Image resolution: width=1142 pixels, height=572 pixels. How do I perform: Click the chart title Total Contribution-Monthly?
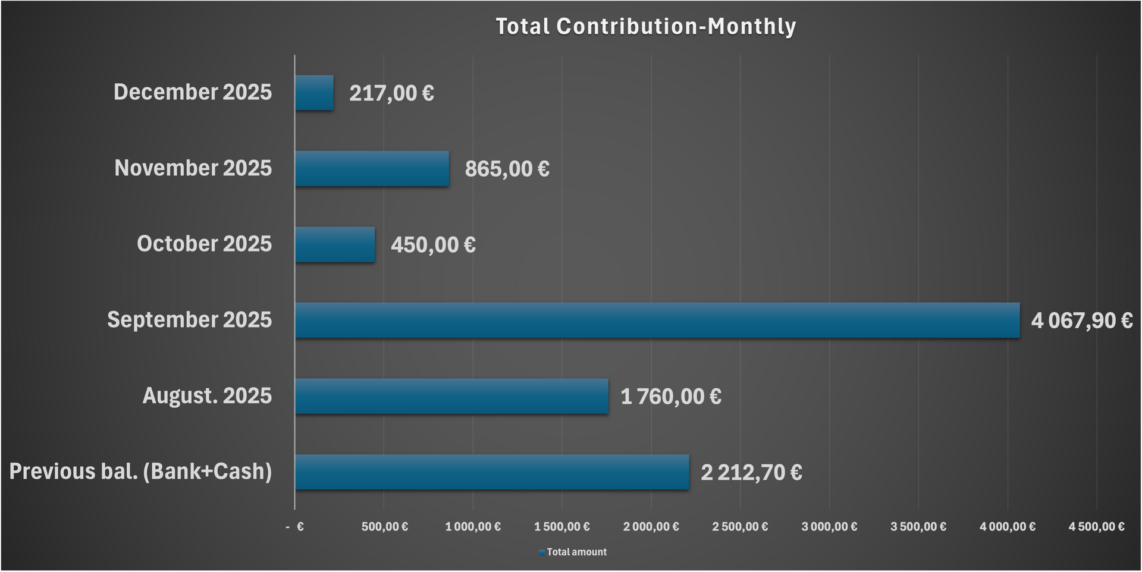(x=645, y=27)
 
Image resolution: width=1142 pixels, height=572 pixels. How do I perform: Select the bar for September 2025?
(x=657, y=320)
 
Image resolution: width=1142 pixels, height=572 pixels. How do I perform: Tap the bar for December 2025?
(x=314, y=93)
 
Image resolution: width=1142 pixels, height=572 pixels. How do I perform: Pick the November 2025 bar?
(x=372, y=169)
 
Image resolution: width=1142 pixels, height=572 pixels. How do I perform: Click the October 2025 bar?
(x=335, y=244)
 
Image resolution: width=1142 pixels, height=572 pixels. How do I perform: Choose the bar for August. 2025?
(x=451, y=396)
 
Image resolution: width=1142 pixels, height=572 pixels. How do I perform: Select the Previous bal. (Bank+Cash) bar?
(x=492, y=472)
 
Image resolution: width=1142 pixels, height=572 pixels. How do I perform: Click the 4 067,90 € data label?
(x=1081, y=321)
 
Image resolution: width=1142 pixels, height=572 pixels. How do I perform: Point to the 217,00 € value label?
(x=391, y=93)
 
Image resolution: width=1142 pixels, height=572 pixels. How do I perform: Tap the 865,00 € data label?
(x=507, y=169)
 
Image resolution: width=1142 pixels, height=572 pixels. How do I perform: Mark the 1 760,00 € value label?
(x=671, y=397)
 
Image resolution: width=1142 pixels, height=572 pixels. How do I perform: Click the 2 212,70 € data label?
(x=751, y=473)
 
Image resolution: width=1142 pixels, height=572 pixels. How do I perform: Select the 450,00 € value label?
(x=433, y=245)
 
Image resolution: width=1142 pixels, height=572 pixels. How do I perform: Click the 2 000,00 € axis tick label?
(x=651, y=527)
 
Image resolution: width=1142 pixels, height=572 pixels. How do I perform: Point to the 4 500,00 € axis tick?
(x=1096, y=527)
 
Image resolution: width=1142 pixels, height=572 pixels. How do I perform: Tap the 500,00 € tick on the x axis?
(x=384, y=527)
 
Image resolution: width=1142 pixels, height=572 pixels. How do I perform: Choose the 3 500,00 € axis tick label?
(x=918, y=527)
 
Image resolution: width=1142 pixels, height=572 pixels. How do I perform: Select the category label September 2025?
(x=189, y=320)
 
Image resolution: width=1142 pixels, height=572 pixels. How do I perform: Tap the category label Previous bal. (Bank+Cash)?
(x=140, y=472)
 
